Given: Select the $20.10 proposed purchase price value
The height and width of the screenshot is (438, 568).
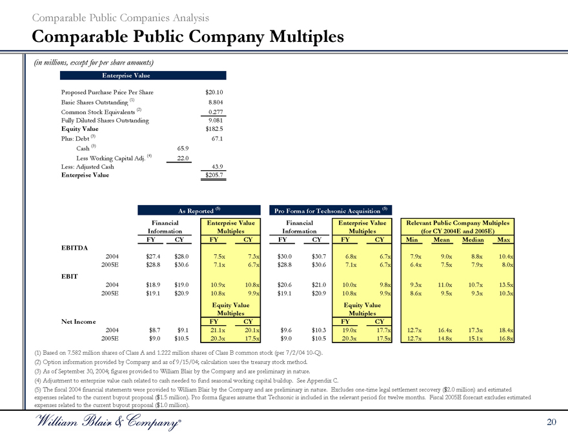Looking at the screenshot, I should click(213, 92).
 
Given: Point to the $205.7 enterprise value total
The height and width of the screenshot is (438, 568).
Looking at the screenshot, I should click(213, 175).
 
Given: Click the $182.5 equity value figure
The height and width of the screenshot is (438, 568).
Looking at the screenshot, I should click(213, 128).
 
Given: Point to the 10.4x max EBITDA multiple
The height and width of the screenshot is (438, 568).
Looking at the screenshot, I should click(503, 256).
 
